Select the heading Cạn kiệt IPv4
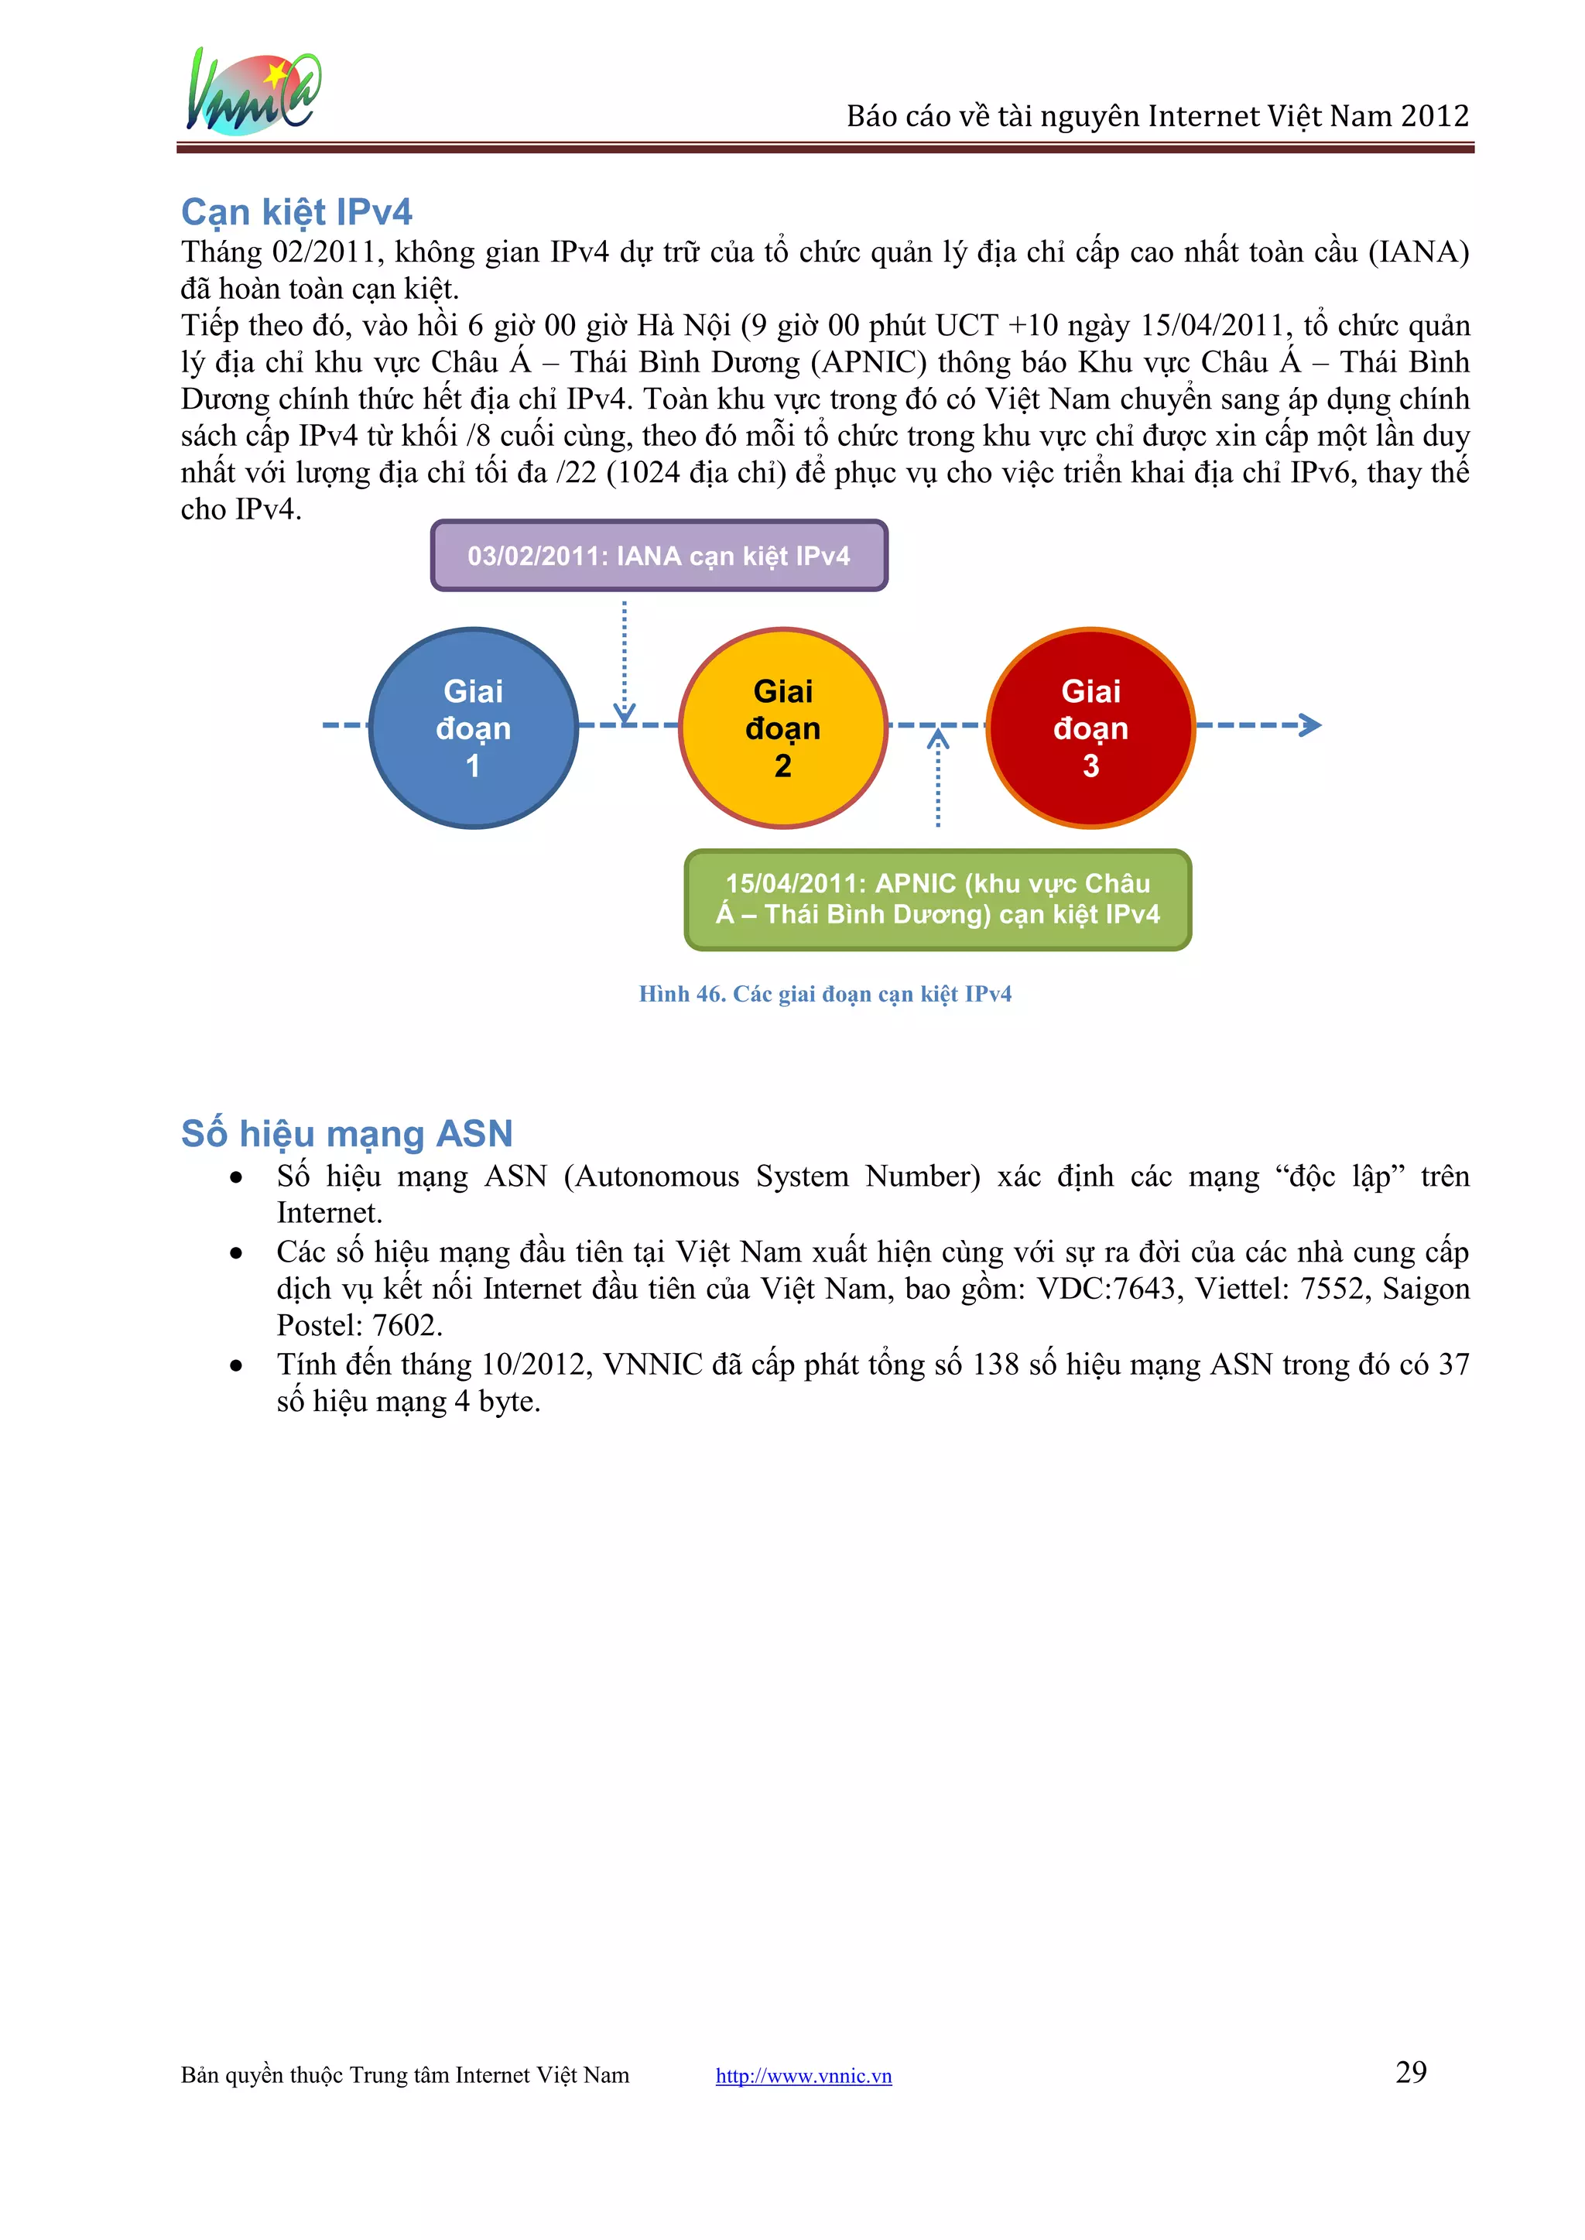[x=296, y=212]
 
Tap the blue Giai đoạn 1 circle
[x=474, y=728]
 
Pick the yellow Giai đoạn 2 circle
[x=782, y=728]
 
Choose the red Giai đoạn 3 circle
[x=1090, y=728]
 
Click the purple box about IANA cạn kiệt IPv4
[x=659, y=556]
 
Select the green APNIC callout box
[x=938, y=899]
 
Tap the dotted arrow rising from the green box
[x=938, y=781]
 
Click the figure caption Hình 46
[x=825, y=994]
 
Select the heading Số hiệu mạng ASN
[x=347, y=1133]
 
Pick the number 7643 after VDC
[x=1144, y=1290]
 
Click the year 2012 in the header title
[x=1435, y=116]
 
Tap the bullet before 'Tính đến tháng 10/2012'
[x=236, y=1365]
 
